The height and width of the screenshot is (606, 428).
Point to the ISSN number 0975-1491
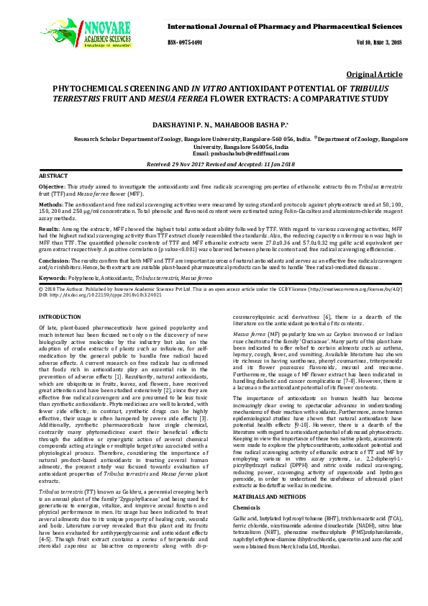(x=188, y=42)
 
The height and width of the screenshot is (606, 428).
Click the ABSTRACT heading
(x=53, y=176)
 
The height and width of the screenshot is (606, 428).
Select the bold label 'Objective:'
(x=53, y=186)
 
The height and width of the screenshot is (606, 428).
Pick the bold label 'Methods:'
(x=51, y=204)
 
